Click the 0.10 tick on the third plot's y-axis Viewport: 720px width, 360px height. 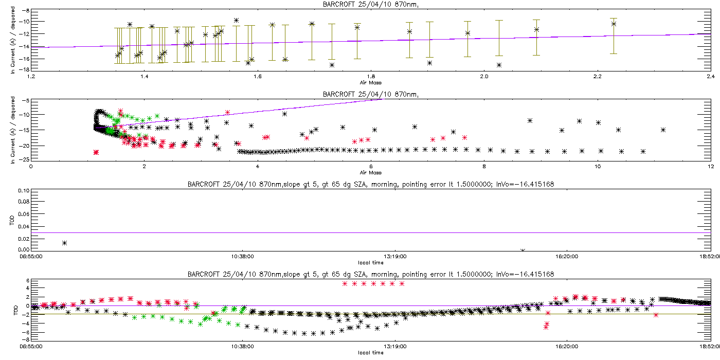point(23,190)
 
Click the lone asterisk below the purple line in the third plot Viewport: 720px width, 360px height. point(64,243)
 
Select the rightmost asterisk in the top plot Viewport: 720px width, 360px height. point(614,24)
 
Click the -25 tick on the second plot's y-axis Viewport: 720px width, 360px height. point(23,159)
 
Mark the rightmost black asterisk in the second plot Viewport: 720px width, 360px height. point(663,130)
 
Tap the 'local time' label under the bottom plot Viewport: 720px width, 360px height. point(371,353)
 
